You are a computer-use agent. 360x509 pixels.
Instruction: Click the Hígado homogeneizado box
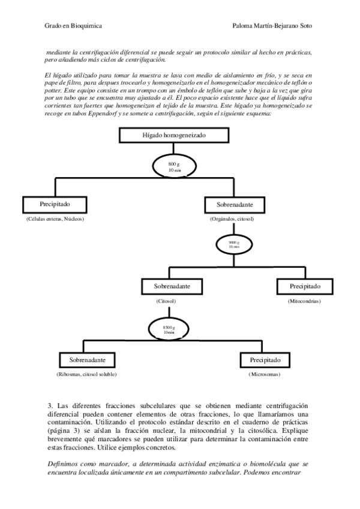pos(173,136)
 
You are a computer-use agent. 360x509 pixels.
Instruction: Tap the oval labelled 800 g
pos(174,166)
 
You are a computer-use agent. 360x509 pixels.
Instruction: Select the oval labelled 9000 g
pos(233,244)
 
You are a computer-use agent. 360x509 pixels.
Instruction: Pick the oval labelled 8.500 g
pos(169,328)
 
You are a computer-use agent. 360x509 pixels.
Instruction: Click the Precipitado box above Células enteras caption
pos(55,204)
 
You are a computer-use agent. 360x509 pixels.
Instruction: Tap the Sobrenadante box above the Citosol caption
pos(172,286)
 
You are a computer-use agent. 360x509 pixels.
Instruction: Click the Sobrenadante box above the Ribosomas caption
pos(88,360)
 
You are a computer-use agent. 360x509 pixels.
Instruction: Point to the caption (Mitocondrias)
pos(304,301)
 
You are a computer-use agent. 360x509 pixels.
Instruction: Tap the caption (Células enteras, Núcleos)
pos(55,219)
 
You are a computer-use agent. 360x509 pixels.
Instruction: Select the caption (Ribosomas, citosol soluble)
pos(86,375)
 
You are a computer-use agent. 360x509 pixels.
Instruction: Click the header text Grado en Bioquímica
pos(73,26)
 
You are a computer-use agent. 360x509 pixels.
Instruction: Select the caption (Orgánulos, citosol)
pos(232,219)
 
